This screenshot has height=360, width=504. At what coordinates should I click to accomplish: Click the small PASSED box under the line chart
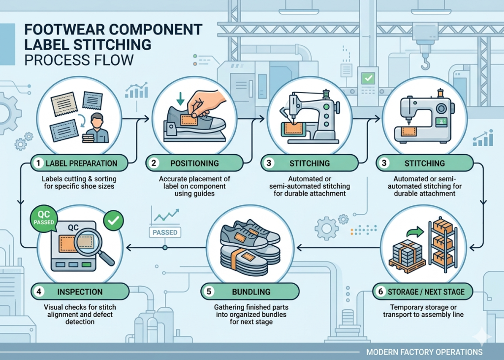click(165, 232)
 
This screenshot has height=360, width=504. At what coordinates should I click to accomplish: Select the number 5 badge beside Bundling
click(208, 291)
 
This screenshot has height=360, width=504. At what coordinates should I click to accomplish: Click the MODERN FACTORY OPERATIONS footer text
click(424, 352)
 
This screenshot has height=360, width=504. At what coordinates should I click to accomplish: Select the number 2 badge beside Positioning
click(154, 163)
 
